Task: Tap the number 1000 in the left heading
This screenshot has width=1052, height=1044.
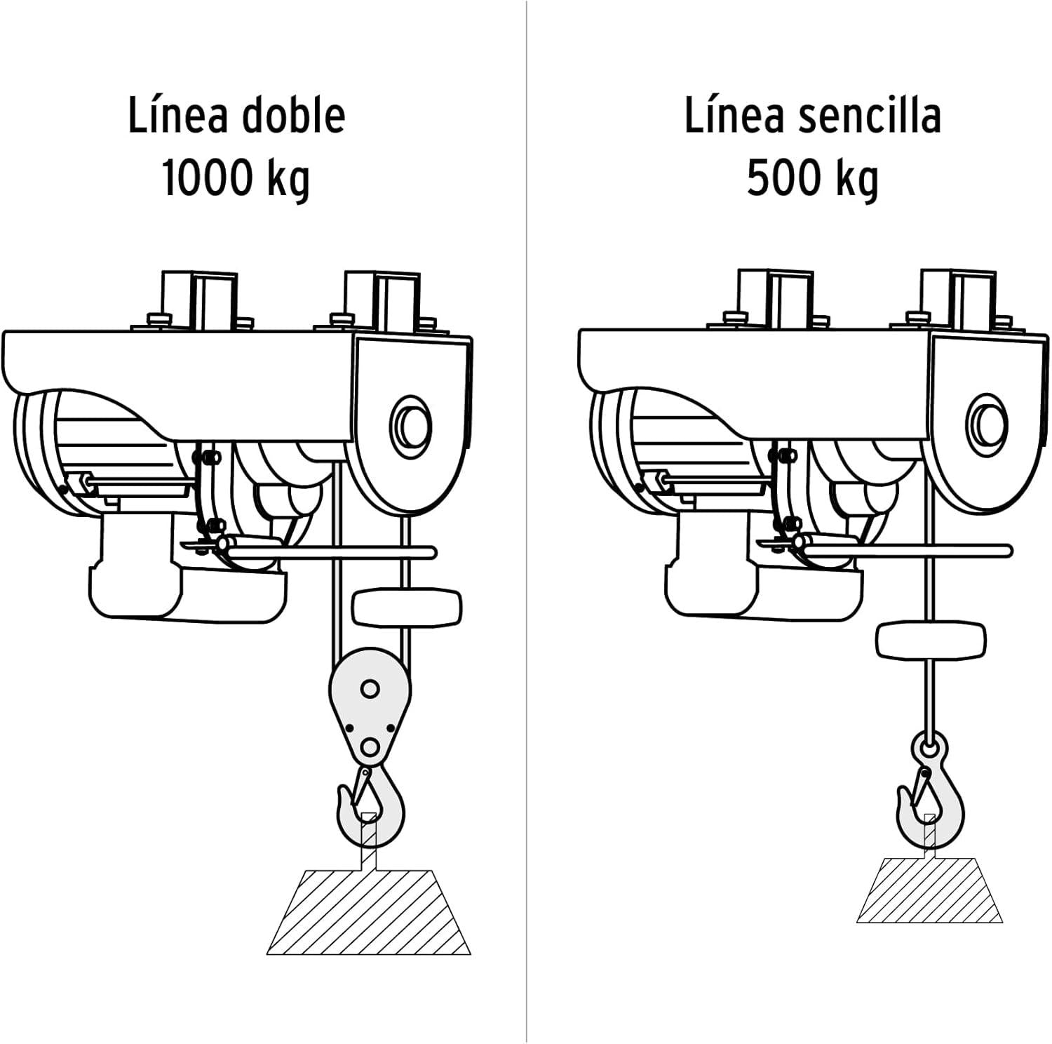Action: [208, 178]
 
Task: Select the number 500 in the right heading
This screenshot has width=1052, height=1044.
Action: [783, 178]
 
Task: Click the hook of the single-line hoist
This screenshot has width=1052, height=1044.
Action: [930, 800]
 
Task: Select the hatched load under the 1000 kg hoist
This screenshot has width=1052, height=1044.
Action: [369, 912]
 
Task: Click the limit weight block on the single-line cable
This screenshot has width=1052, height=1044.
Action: [931, 639]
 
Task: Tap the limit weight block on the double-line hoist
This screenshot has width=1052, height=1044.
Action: [406, 608]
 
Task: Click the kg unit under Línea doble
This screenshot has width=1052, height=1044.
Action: [288, 180]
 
